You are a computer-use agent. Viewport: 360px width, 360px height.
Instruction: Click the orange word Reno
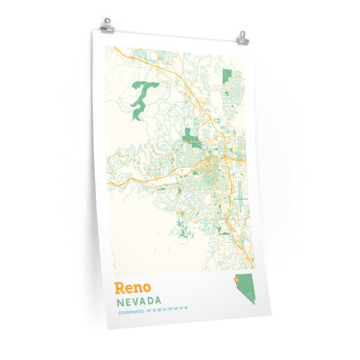(x=132, y=287)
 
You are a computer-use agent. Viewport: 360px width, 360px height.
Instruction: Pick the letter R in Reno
(x=120, y=287)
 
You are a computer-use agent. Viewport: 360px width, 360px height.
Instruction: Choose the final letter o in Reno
(x=148, y=288)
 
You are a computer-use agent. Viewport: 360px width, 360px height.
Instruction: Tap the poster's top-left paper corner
(x=96, y=29)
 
